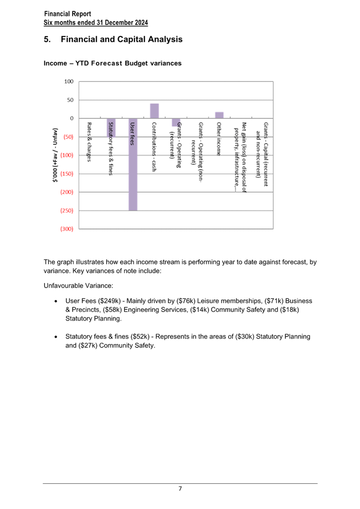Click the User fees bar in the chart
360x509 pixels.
pos(133,164)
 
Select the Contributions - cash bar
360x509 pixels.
pos(155,111)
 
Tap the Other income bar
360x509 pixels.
pos(219,115)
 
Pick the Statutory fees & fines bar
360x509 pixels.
pos(111,128)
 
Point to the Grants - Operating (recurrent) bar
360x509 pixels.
pos(176,122)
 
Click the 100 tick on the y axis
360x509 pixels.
pos(69,81)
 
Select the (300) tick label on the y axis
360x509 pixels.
pos(67,229)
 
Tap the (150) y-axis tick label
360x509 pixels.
pos(67,173)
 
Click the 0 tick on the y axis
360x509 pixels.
pos(72,118)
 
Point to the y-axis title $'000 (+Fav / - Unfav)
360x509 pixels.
pos(55,155)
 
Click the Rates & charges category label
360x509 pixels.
pos(89,142)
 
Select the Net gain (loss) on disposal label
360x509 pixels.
pos(241,157)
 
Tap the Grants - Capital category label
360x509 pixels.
pos(262,154)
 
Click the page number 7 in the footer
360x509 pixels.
pos(180,488)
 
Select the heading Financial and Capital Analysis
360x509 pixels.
pos(122,39)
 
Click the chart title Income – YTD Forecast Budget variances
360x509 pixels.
pos(112,63)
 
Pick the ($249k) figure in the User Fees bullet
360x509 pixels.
pos(109,301)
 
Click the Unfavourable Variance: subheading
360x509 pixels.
pos(78,286)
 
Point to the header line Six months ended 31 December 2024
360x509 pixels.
pos(96,23)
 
